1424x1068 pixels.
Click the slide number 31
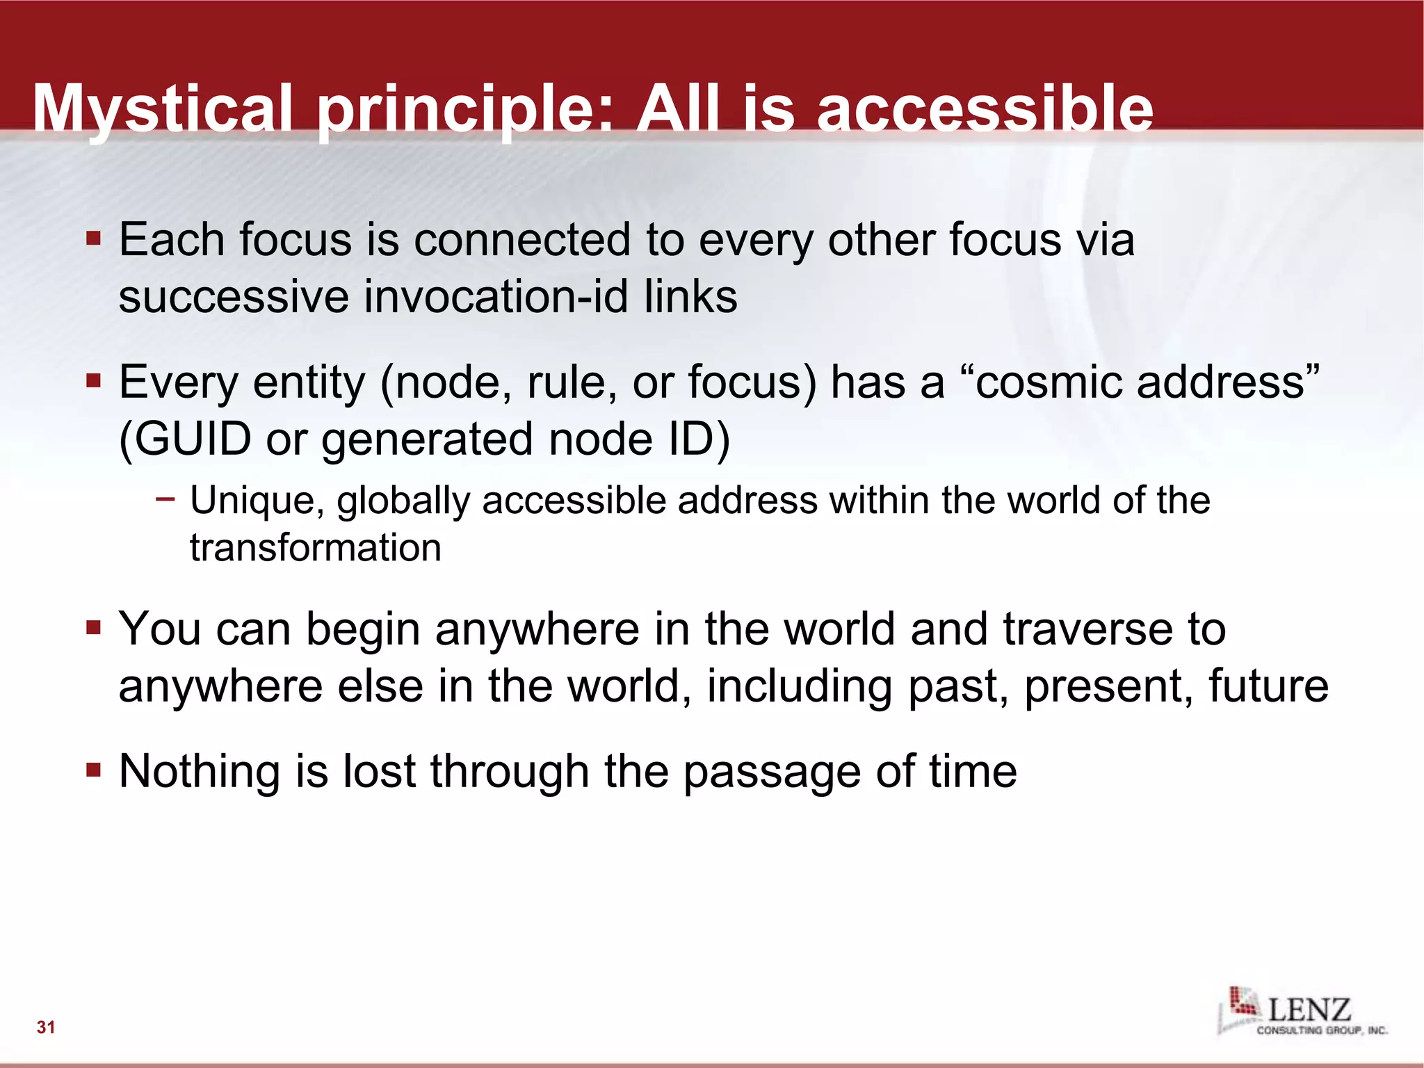pos(46,1027)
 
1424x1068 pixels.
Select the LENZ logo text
pos(1309,1009)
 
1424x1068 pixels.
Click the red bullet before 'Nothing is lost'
pos(94,770)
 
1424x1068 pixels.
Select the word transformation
pos(316,548)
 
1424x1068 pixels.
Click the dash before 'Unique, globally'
pos(165,498)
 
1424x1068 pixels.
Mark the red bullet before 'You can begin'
pos(94,629)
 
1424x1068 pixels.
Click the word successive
pos(234,297)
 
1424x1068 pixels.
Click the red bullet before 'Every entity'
pos(94,382)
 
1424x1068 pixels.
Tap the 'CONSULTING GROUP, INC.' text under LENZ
pos(1321,1030)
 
